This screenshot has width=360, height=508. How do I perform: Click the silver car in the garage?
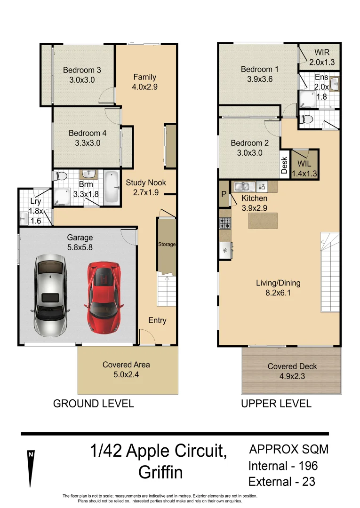(x=49, y=295)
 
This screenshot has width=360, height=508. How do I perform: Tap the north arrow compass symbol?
(x=31, y=468)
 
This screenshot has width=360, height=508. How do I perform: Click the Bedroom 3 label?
(x=82, y=75)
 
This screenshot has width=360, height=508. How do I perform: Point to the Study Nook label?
(x=146, y=187)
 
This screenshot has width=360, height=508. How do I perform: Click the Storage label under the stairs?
(x=167, y=245)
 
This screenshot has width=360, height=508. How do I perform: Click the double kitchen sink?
(x=245, y=186)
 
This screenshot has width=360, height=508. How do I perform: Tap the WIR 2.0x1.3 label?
(x=319, y=57)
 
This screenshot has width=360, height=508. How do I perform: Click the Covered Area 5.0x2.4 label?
(x=126, y=369)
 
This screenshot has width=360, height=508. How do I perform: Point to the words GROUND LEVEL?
(x=93, y=404)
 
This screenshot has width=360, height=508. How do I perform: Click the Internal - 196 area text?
(x=283, y=466)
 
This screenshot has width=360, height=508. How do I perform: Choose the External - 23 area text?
(x=281, y=482)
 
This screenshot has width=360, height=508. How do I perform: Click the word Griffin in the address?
(x=160, y=472)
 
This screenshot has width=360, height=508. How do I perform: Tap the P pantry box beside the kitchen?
(x=223, y=194)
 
